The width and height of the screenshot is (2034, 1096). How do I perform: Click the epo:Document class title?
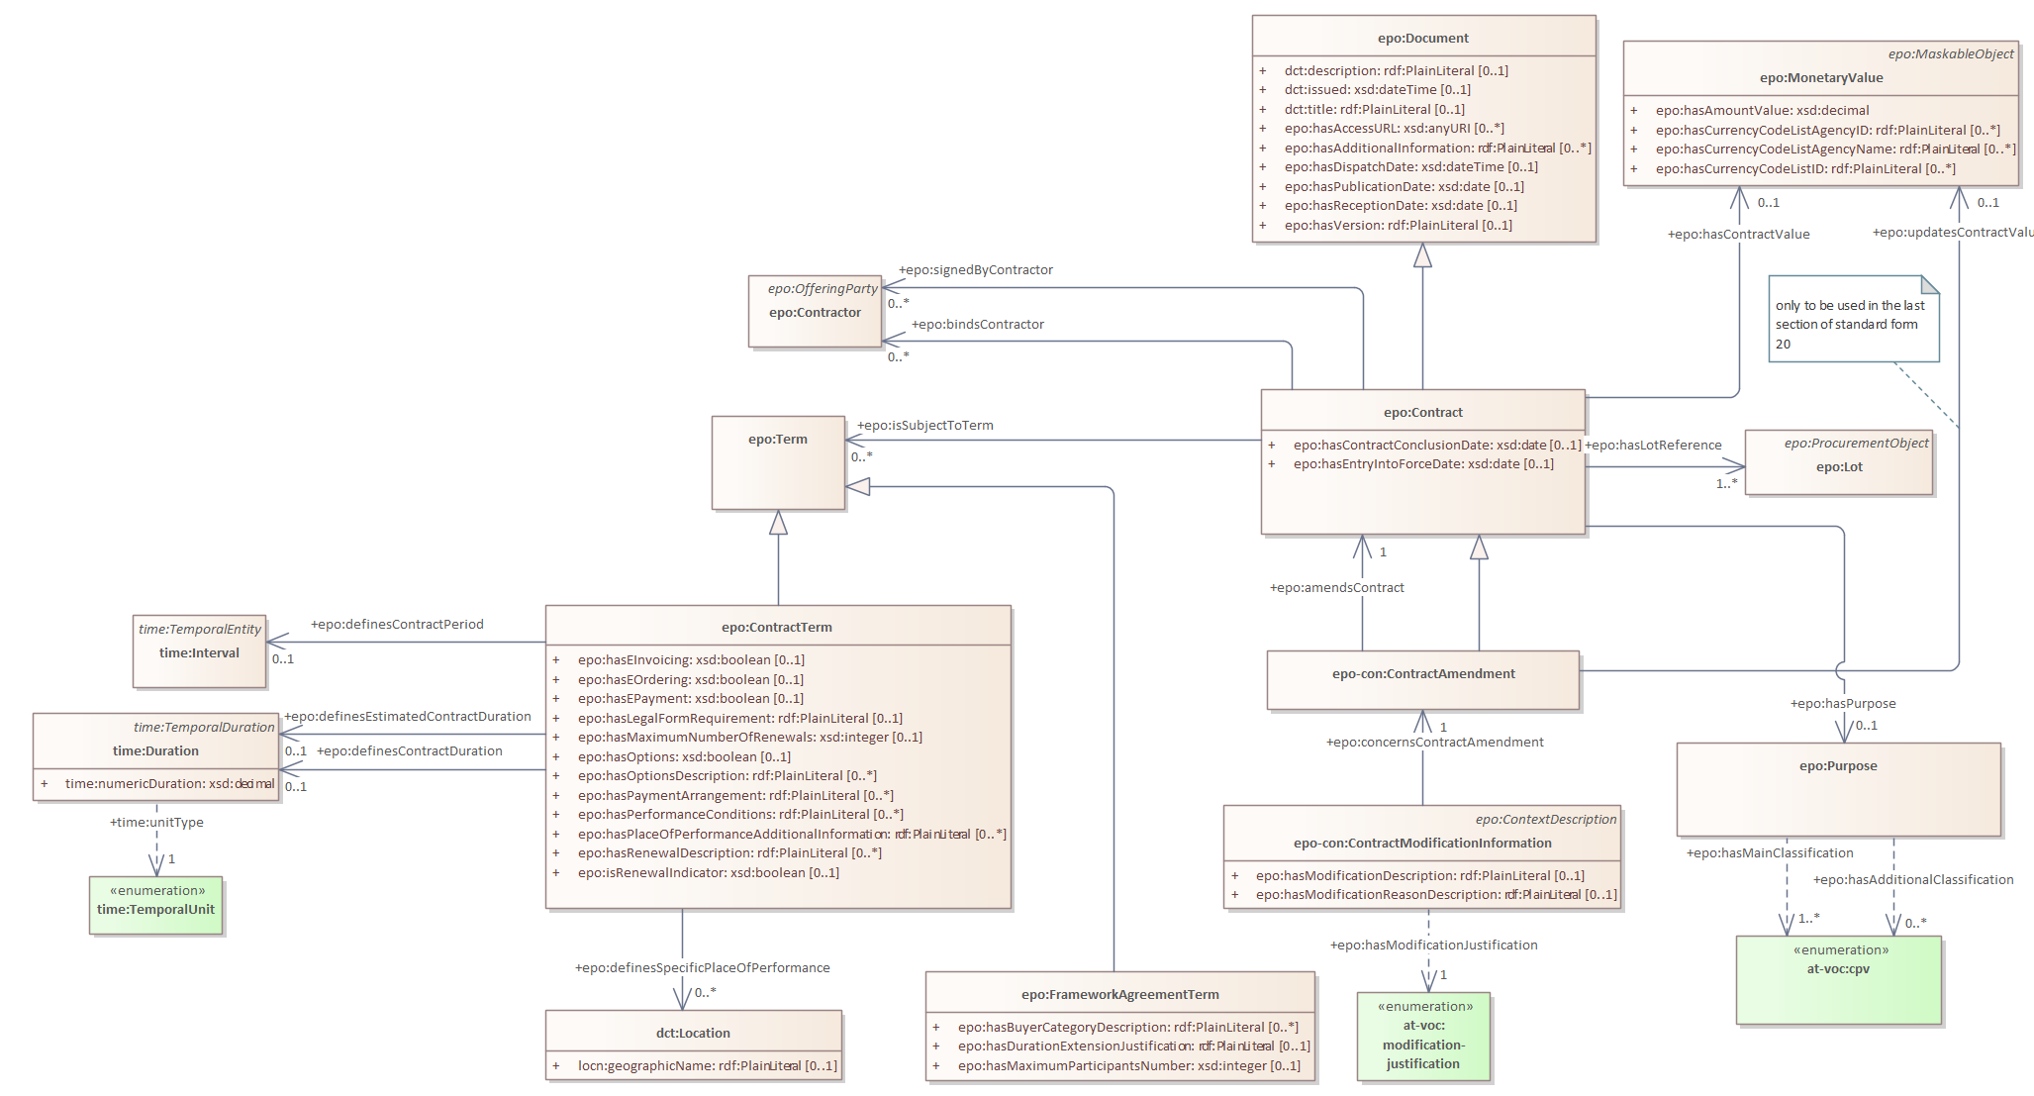tap(1422, 39)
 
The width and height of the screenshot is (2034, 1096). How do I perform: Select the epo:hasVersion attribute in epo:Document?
tap(1398, 226)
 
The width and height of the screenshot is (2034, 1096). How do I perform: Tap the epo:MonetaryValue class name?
tap(1820, 78)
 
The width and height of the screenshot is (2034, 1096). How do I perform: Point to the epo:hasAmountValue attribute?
tap(1762, 111)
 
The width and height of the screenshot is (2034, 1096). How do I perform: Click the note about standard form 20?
tap(1852, 324)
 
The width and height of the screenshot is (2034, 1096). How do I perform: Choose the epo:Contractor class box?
tap(815, 312)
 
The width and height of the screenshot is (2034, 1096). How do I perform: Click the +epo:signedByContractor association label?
tap(975, 270)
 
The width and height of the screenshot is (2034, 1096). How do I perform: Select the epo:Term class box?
tap(778, 461)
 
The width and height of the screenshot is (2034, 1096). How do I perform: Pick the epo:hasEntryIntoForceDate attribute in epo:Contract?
tap(1422, 464)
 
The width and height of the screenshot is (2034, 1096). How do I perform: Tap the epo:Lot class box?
tap(1838, 466)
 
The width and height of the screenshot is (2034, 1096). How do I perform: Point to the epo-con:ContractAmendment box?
tap(1422, 679)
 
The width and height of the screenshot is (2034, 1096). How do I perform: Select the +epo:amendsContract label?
tap(1336, 588)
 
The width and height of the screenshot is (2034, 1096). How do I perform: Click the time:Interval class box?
tap(199, 652)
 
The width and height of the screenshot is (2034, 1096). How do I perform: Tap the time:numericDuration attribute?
tap(169, 784)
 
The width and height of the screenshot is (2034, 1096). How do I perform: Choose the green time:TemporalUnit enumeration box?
tap(155, 905)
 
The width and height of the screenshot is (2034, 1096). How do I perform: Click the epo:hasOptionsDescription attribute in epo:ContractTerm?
tap(726, 776)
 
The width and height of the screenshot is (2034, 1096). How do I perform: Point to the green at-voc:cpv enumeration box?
tap(1838, 980)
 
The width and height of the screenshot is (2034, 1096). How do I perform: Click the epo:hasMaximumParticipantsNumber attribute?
tap(1128, 1066)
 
